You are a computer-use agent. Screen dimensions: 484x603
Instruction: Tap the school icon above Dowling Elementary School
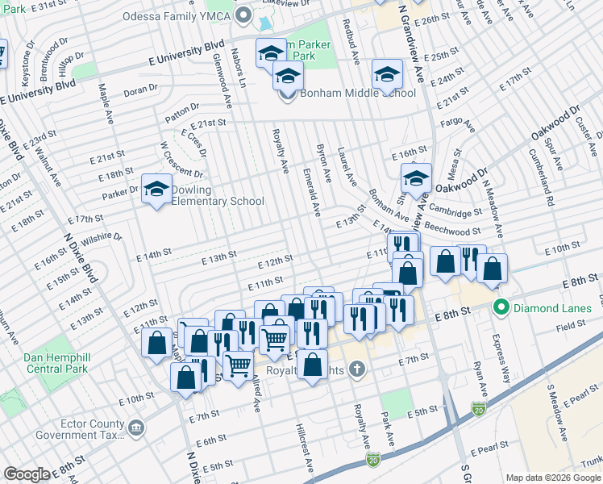(x=156, y=190)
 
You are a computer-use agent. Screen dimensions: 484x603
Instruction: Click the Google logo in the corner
(x=27, y=474)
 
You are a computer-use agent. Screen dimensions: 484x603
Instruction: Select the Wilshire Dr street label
(x=103, y=238)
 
